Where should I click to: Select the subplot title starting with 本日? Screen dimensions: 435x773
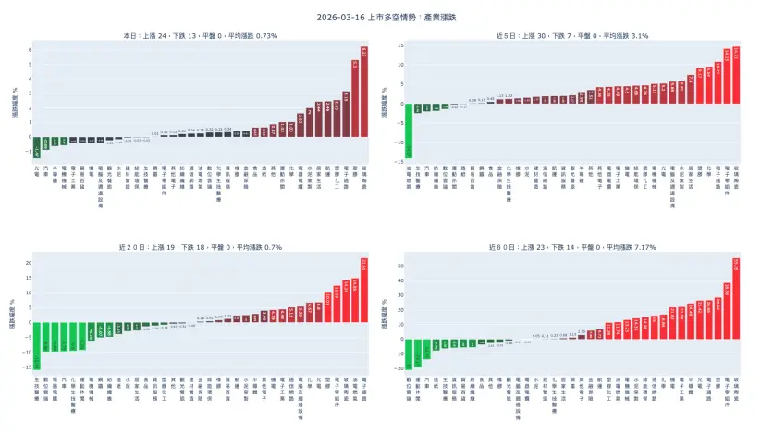click(201, 35)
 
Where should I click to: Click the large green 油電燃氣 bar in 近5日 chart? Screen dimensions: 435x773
click(408, 130)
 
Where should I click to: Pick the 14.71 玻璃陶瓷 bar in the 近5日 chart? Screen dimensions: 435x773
click(736, 74)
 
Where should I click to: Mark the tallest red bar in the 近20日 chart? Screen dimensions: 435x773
click(363, 292)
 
